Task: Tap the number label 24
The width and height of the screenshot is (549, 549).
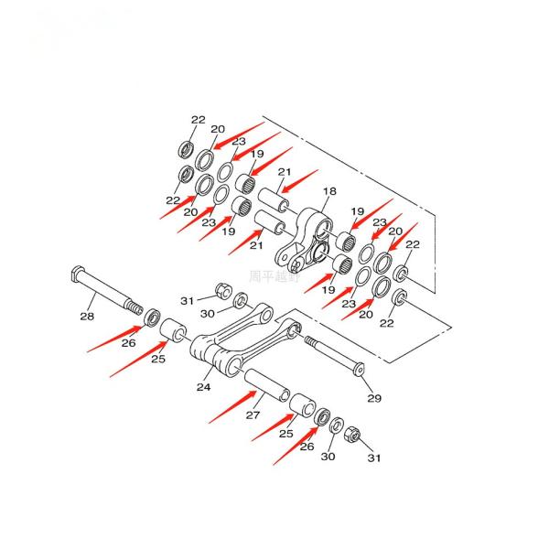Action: (203, 388)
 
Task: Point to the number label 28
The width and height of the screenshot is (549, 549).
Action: (87, 317)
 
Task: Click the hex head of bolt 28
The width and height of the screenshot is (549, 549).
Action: (77, 274)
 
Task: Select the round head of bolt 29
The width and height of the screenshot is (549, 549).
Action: (358, 370)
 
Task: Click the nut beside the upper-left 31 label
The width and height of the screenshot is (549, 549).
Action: (222, 292)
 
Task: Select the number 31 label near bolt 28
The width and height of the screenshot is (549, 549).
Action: (188, 300)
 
